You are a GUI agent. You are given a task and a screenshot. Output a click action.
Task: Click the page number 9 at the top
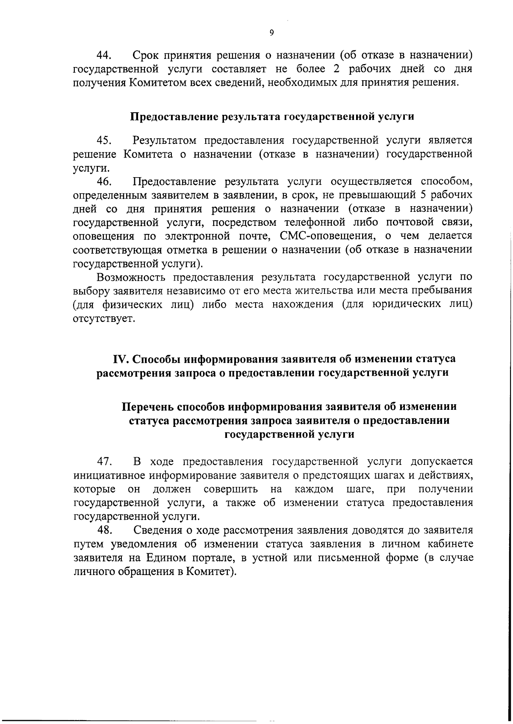[272, 33]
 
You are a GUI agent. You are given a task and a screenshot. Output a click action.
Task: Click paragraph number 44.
[104, 55]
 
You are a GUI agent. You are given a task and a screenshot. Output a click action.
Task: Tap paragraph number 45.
[104, 140]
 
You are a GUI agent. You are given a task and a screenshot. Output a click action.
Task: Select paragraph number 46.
[104, 181]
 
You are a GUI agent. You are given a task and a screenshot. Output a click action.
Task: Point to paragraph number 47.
[104, 461]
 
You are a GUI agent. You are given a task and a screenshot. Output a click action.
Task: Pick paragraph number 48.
[104, 531]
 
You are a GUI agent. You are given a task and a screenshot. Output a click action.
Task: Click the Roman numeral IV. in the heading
[121, 359]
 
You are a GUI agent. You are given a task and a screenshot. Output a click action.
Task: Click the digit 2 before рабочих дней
[336, 69]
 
